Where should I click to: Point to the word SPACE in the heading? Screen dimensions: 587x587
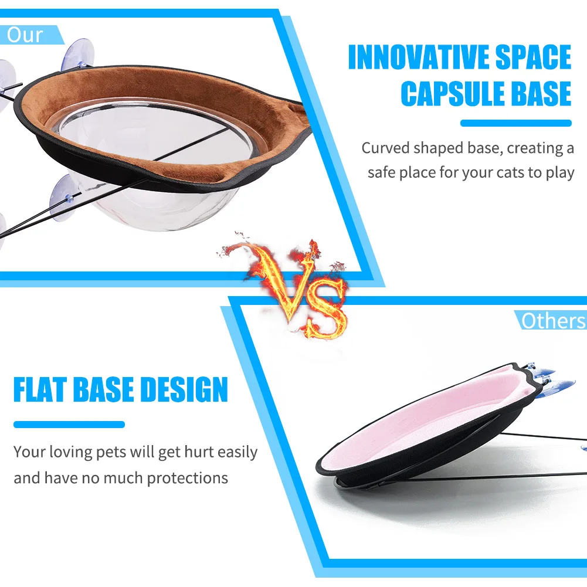534,57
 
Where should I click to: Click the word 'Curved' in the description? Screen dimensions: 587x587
385,148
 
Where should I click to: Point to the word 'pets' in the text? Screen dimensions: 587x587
111,453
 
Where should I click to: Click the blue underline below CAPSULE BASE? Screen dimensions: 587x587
516,123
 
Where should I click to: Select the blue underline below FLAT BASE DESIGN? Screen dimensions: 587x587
69,425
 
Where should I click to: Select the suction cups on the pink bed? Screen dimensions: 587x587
550,378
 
